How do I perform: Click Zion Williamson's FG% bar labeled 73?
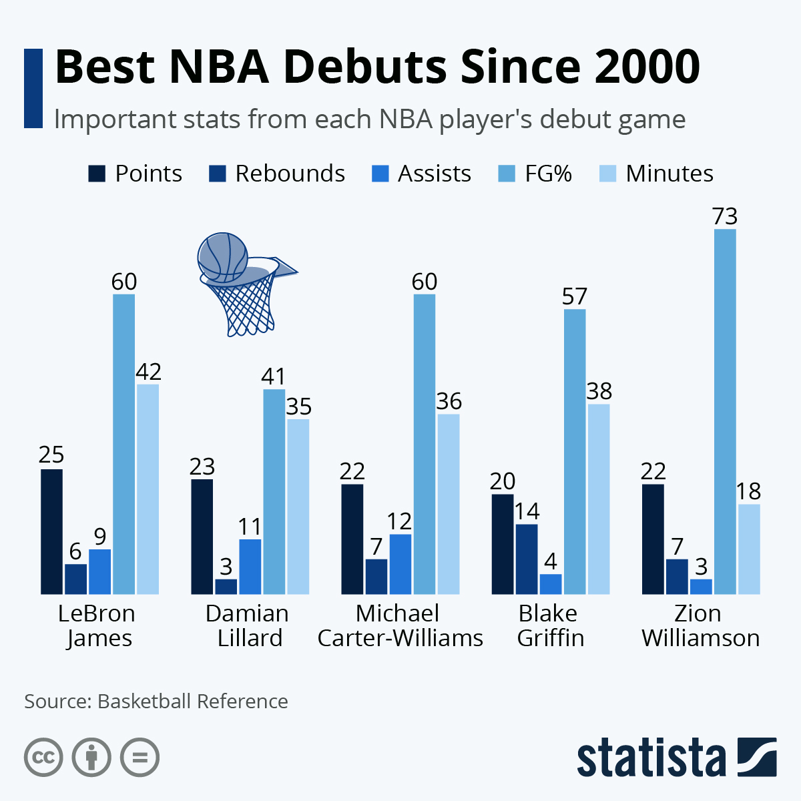pos(725,411)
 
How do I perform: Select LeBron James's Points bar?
pos(51,531)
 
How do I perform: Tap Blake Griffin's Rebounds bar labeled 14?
pos(527,559)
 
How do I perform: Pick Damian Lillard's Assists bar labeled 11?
pos(250,566)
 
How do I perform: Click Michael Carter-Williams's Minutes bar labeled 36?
pos(449,504)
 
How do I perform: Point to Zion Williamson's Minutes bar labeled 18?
pos(749,549)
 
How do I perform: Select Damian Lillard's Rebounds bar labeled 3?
pos(226,586)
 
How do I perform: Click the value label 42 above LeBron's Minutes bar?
pos(148,372)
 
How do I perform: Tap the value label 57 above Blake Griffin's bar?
pos(574,296)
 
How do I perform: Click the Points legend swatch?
pos(97,174)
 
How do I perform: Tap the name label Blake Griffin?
pos(550,625)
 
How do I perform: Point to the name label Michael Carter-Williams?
pos(400,625)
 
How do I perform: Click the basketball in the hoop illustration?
pos(222,256)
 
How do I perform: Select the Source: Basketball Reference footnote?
pos(156,702)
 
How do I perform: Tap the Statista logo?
pos(676,758)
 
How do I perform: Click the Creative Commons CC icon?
pos(43,758)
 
